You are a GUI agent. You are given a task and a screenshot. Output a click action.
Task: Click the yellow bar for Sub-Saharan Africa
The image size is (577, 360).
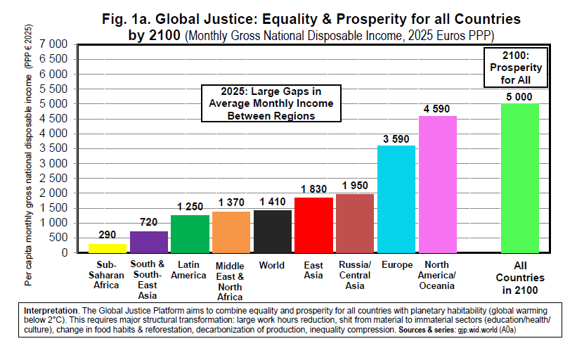tap(108, 248)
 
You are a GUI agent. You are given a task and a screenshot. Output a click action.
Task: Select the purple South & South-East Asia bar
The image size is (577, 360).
tap(149, 241)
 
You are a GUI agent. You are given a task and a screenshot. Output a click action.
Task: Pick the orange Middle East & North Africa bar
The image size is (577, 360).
tap(231, 231)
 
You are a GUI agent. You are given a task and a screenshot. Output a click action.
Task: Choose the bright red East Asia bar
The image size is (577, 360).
tap(313, 224)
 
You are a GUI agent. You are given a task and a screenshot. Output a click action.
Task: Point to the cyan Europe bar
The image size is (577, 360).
tap(396, 199)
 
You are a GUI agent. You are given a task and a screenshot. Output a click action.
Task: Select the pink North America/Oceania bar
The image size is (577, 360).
tap(438, 184)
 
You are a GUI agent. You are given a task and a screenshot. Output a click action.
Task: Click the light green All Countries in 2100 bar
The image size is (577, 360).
tap(520, 178)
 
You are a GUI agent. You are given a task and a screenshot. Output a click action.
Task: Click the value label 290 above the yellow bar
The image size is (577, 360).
tap(108, 235)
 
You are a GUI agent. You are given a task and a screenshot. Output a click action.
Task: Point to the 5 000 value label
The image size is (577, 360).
tap(520, 96)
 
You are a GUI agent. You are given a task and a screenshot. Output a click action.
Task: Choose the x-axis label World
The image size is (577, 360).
tap(272, 266)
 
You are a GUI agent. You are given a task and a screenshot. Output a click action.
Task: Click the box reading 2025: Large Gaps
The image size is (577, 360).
tap(271, 103)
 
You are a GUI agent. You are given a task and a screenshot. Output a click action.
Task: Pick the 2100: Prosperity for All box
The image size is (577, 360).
tap(521, 67)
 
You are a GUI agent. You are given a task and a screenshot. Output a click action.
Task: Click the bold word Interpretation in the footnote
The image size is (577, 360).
tap(51, 310)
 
